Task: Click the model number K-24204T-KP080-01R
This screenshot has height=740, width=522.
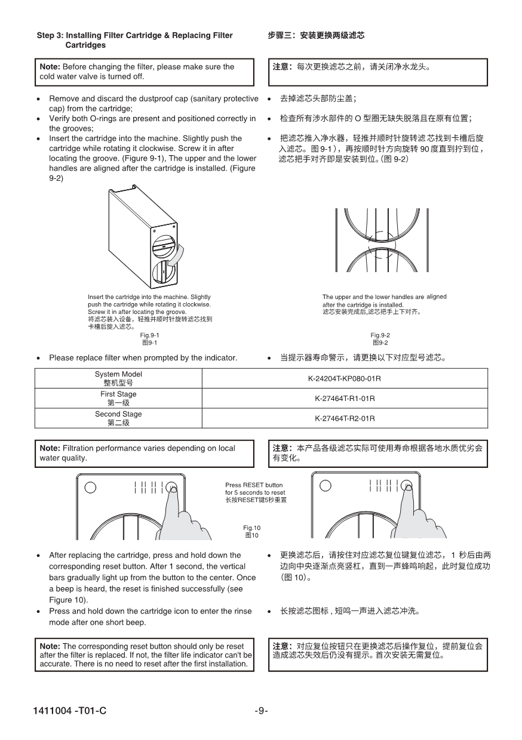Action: pyautogui.click(x=345, y=378)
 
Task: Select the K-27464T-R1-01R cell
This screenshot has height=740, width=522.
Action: pyautogui.click(x=345, y=398)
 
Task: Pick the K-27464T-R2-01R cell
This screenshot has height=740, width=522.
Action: pyautogui.click(x=345, y=418)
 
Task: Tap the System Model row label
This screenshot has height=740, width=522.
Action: pyautogui.click(x=118, y=374)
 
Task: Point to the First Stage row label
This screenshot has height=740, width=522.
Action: pyautogui.click(x=118, y=394)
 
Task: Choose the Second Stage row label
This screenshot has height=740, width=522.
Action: pyautogui.click(x=118, y=414)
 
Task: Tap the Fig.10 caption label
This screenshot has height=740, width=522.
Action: pyautogui.click(x=251, y=528)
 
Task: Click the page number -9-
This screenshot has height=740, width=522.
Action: pyautogui.click(x=261, y=711)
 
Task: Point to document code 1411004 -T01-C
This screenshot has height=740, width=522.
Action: pyautogui.click(x=71, y=711)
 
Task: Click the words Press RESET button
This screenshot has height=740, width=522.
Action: pyautogui.click(x=254, y=485)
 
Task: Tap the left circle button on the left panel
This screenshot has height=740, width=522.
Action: pyautogui.click(x=90, y=486)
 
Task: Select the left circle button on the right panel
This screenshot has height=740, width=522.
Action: pyautogui.click(x=325, y=485)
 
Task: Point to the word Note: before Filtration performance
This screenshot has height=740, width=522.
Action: pyautogui.click(x=50, y=448)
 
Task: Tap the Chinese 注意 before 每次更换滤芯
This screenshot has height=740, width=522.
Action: pyautogui.click(x=281, y=67)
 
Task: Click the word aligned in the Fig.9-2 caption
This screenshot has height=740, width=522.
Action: pyautogui.click(x=437, y=297)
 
